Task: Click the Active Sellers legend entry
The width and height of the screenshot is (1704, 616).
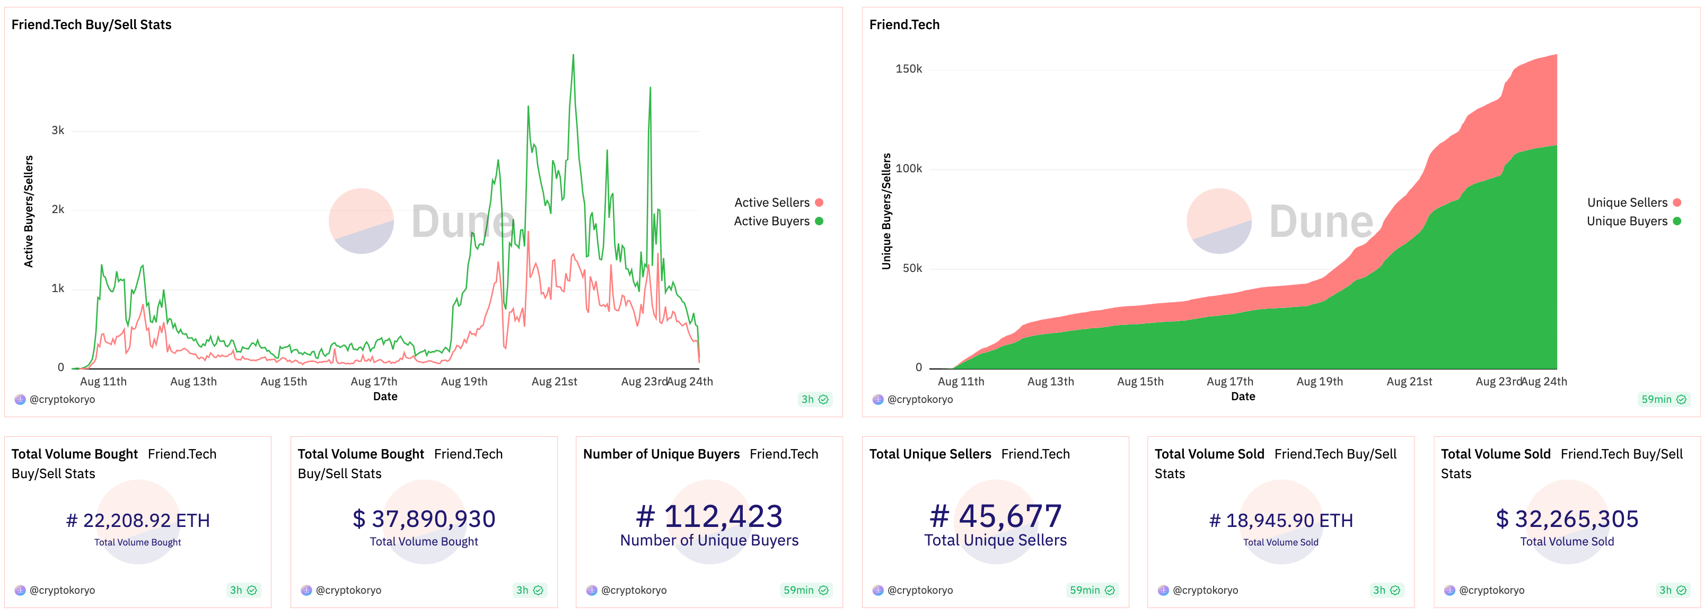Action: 777,203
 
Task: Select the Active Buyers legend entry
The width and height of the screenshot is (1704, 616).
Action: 777,221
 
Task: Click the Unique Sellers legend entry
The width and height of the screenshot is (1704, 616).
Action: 1632,203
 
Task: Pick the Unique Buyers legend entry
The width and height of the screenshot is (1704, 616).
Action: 1632,221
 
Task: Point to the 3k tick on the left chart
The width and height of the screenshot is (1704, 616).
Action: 58,130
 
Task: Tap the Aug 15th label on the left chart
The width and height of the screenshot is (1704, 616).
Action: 283,381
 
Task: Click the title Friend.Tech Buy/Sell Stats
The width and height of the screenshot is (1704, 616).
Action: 91,24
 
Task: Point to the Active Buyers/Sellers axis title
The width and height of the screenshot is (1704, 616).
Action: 29,211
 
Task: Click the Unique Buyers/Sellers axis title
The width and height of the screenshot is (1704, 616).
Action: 886,211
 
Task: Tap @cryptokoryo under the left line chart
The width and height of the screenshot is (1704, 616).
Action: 62,399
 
